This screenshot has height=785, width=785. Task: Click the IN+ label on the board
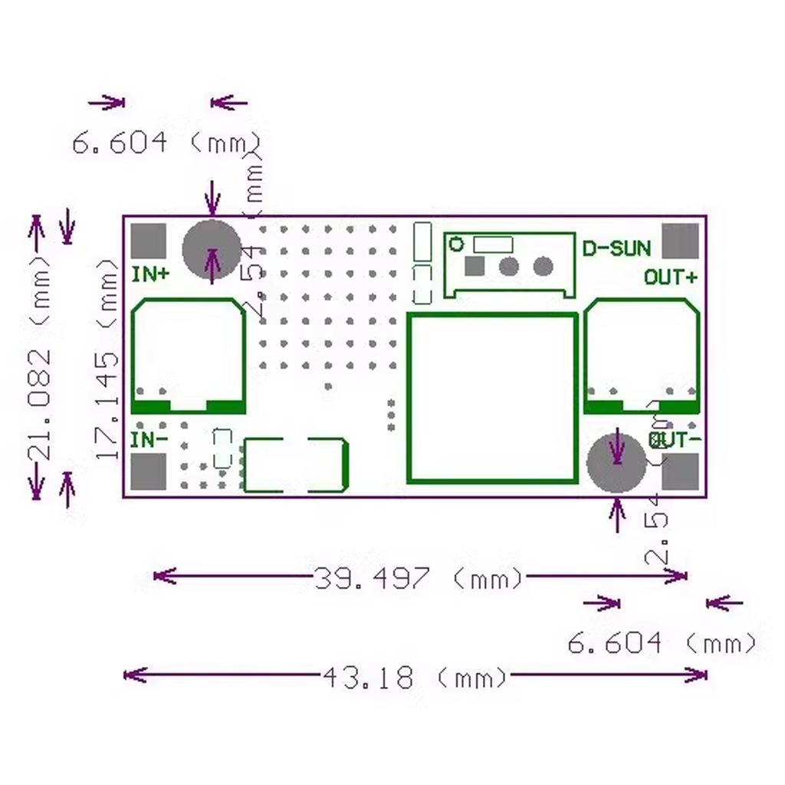151,274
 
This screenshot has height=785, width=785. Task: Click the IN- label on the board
149,440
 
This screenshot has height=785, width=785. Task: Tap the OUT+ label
671,277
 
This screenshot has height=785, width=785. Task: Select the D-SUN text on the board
616,248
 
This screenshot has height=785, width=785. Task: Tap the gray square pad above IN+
148,241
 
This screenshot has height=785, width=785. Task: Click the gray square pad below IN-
148,471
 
